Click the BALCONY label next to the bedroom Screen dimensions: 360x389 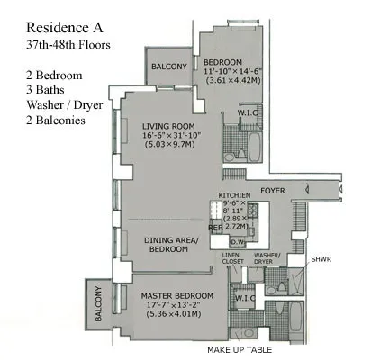pyautogui.click(x=168, y=67)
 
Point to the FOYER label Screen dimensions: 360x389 pyautogui.click(x=273, y=191)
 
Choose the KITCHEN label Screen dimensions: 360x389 pyautogui.click(x=234, y=194)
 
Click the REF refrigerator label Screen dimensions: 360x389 pyautogui.click(x=214, y=228)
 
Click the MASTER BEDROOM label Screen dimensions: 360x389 pyautogui.click(x=176, y=295)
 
